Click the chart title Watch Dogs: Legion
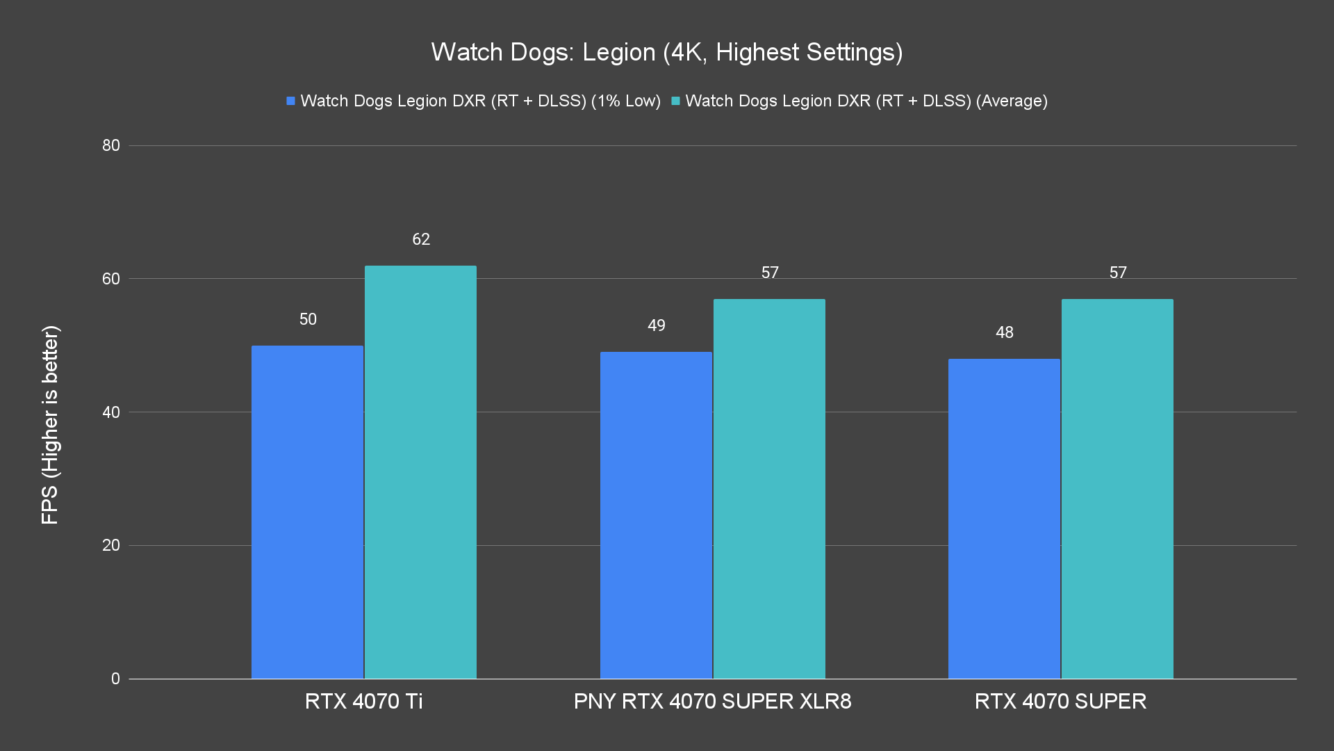(666, 52)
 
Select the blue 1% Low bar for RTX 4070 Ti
(307, 512)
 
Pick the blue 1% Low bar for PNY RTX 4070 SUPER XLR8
(656, 515)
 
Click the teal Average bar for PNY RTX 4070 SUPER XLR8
(769, 489)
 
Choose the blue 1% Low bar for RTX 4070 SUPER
(1004, 518)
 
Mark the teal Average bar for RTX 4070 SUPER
(1117, 489)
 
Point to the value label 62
(421, 239)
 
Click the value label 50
(308, 319)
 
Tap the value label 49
(657, 325)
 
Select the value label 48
(1005, 332)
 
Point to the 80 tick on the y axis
(111, 145)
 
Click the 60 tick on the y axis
(111, 279)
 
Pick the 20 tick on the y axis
(111, 545)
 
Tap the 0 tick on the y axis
(115, 679)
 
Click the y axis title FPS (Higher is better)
(50, 424)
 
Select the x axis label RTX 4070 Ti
(363, 701)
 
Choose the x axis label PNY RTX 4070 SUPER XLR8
(712, 701)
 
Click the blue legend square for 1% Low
(291, 102)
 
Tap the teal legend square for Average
(675, 102)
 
